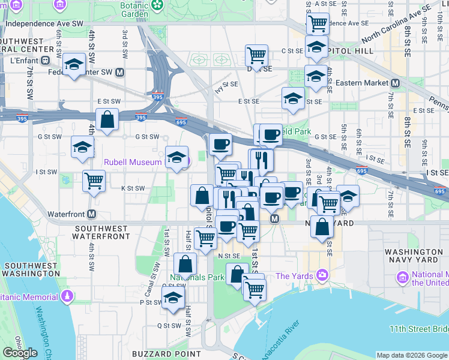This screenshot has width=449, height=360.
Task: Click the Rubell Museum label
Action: pyautogui.click(x=133, y=162)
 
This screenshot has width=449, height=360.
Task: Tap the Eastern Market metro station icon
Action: pyautogui.click(x=396, y=83)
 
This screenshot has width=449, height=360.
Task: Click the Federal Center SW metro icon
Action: pyautogui.click(x=120, y=73)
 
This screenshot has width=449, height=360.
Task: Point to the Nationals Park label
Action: pyautogui.click(x=197, y=277)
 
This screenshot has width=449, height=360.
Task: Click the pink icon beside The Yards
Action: pyautogui.click(x=324, y=275)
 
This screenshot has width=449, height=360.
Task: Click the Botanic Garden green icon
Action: pyautogui.click(x=157, y=5)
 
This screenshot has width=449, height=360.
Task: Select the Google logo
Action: pyautogui.click(x=20, y=353)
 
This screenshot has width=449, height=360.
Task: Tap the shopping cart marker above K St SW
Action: pyautogui.click(x=93, y=181)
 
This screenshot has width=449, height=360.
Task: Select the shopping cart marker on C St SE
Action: pyautogui.click(x=256, y=55)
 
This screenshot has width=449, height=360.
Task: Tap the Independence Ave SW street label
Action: pyautogui.click(x=44, y=23)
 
